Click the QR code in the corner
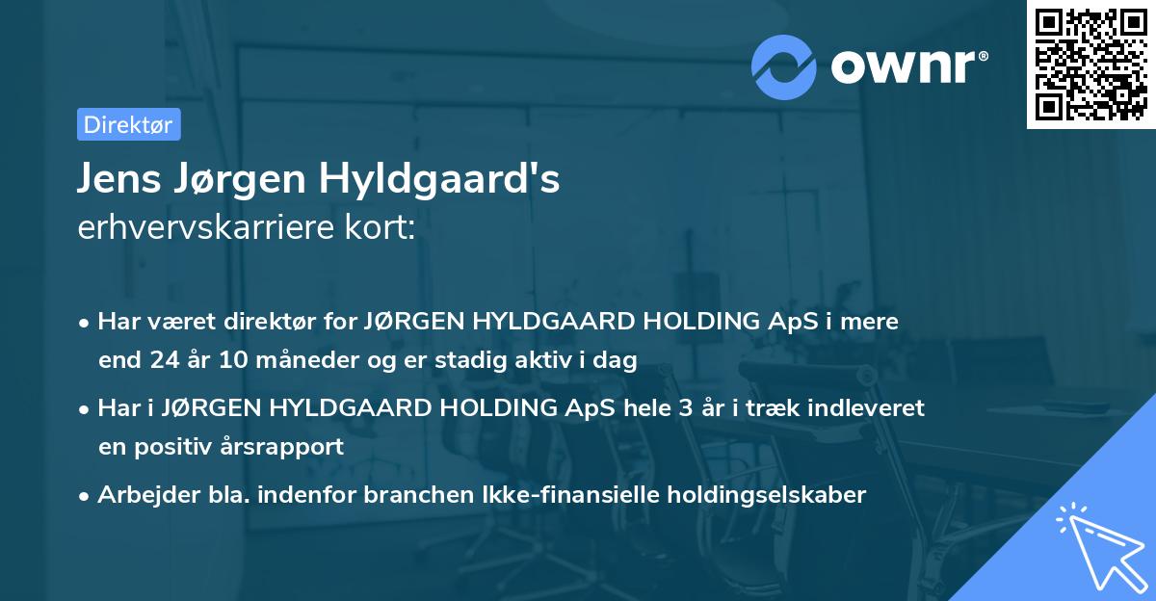[1090, 64]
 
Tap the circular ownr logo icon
[784, 66]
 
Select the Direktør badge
[128, 124]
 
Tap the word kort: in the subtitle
[384, 228]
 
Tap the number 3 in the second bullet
[686, 407]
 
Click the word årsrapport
[286, 447]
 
